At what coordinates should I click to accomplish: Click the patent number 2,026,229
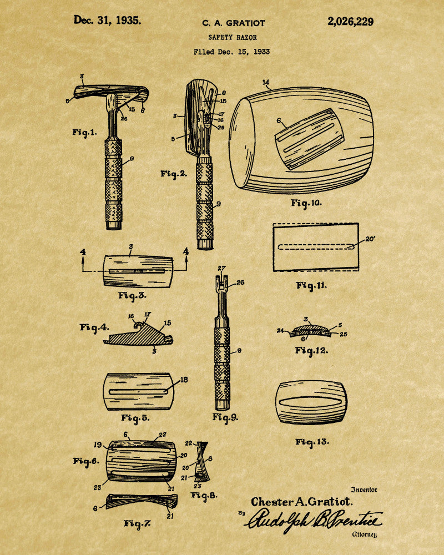tap(350, 22)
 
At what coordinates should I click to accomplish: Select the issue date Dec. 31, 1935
tap(107, 20)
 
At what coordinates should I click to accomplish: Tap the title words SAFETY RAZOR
tap(233, 37)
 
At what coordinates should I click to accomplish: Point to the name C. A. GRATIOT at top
tap(233, 23)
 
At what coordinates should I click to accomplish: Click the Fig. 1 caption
tap(84, 133)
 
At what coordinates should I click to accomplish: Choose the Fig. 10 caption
tap(306, 203)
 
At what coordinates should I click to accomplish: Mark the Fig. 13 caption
tap(312, 442)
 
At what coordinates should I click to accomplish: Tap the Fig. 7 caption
tap(137, 523)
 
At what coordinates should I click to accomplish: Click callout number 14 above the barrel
tap(266, 83)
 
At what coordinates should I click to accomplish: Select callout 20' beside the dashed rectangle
tap(370, 239)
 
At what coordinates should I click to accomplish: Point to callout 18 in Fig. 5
tap(184, 380)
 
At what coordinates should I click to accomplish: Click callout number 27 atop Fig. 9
tap(221, 269)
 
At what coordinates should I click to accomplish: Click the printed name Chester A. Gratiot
tap(302, 502)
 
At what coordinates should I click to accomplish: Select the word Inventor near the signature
tap(364, 490)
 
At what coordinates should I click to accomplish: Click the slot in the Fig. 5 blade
tap(138, 391)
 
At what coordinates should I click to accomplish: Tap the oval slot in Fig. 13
tap(311, 403)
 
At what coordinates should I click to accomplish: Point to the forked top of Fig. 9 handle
tap(221, 283)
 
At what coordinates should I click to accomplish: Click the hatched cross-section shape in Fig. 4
tap(138, 335)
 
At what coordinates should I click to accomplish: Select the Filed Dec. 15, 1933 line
tap(231, 52)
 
